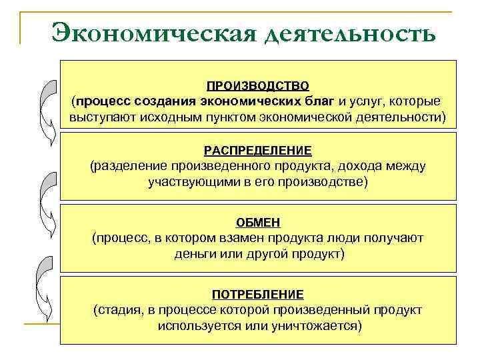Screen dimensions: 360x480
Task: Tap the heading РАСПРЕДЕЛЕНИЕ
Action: click(x=257, y=151)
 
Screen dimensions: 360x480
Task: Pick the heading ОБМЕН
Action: click(x=257, y=222)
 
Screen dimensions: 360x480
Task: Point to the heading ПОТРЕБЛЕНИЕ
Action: click(x=257, y=294)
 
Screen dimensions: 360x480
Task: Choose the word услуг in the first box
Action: click(x=368, y=101)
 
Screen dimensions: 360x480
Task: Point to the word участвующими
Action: click(x=189, y=181)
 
